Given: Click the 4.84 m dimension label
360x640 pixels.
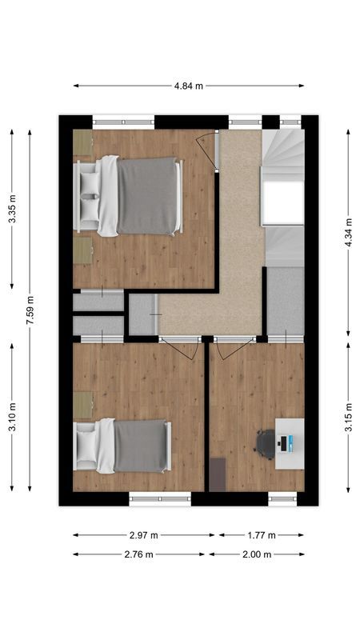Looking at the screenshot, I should (189, 86).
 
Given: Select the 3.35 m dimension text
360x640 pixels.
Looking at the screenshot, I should (12, 210).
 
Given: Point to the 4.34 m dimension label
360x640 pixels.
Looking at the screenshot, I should (348, 231).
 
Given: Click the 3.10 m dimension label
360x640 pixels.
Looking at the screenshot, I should (12, 417).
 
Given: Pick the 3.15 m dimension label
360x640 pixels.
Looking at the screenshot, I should (348, 417).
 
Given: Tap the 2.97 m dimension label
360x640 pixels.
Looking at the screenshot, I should (144, 535).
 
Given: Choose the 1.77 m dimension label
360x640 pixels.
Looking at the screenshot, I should (261, 535).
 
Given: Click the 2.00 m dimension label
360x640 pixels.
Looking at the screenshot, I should (257, 554).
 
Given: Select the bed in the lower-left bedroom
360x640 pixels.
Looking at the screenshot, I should (124, 446).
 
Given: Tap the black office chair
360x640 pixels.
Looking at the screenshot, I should (266, 442).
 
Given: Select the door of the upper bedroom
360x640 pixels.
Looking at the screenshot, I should (210, 148).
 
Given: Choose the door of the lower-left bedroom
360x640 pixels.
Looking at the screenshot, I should (181, 349).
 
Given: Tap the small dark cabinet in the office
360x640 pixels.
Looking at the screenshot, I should (217, 474).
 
